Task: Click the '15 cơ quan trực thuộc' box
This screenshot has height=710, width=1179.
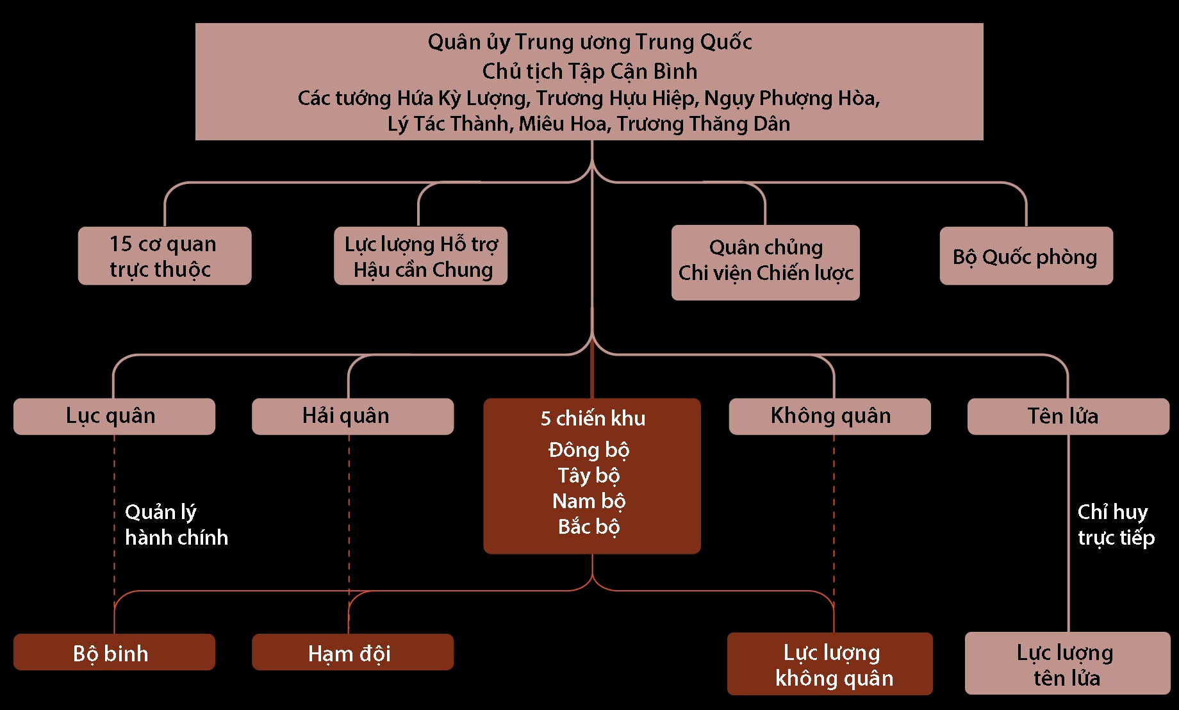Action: [165, 256]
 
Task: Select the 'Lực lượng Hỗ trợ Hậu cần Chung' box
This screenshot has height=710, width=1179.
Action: [420, 256]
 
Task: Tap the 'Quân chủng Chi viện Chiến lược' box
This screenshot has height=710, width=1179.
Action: [765, 262]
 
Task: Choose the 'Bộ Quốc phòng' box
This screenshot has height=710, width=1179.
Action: [1026, 256]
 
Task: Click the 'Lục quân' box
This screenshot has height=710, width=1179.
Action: [114, 416]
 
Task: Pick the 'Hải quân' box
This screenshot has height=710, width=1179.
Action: [352, 416]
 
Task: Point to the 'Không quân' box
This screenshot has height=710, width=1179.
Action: [830, 416]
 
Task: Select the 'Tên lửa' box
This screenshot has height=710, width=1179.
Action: [1068, 416]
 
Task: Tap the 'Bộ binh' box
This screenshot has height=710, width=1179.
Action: [114, 652]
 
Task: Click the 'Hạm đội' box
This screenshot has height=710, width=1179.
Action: [352, 652]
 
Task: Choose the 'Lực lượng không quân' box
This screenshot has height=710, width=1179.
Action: [830, 664]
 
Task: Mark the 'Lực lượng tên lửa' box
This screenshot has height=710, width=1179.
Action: [1068, 664]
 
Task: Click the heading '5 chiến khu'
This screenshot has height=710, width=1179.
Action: [593, 418]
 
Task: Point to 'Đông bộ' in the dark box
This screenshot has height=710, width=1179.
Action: [589, 450]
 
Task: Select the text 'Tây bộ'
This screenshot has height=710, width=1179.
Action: [589, 475]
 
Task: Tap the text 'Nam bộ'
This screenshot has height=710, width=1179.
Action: [589, 501]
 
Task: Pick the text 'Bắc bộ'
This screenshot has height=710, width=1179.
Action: [589, 527]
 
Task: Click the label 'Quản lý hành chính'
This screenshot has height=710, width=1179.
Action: [176, 525]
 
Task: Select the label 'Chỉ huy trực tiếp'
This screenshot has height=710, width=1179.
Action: [1116, 525]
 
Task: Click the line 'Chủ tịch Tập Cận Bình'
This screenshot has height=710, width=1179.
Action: [589, 71]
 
